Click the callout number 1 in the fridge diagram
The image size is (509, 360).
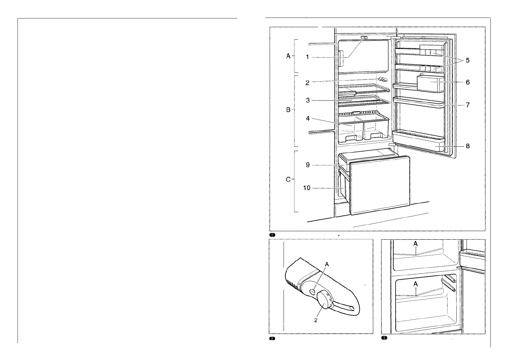[307, 57]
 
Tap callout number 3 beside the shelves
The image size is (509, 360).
[308, 100]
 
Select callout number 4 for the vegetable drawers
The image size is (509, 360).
[308, 118]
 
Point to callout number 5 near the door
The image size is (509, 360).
[468, 60]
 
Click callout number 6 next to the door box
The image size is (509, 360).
[468, 82]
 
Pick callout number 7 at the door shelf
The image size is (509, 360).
[468, 105]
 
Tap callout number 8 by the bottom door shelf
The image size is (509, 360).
[468, 146]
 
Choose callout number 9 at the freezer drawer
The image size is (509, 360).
[308, 165]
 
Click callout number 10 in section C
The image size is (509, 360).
[307, 188]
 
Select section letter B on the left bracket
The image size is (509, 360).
[288, 110]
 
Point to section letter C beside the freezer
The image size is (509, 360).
[288, 180]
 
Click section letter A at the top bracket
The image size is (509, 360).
[288, 56]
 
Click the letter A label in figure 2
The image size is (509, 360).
[327, 264]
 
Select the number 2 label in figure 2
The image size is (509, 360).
[316, 320]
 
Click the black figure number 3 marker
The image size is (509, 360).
[384, 338]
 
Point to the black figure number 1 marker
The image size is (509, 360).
[272, 235]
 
